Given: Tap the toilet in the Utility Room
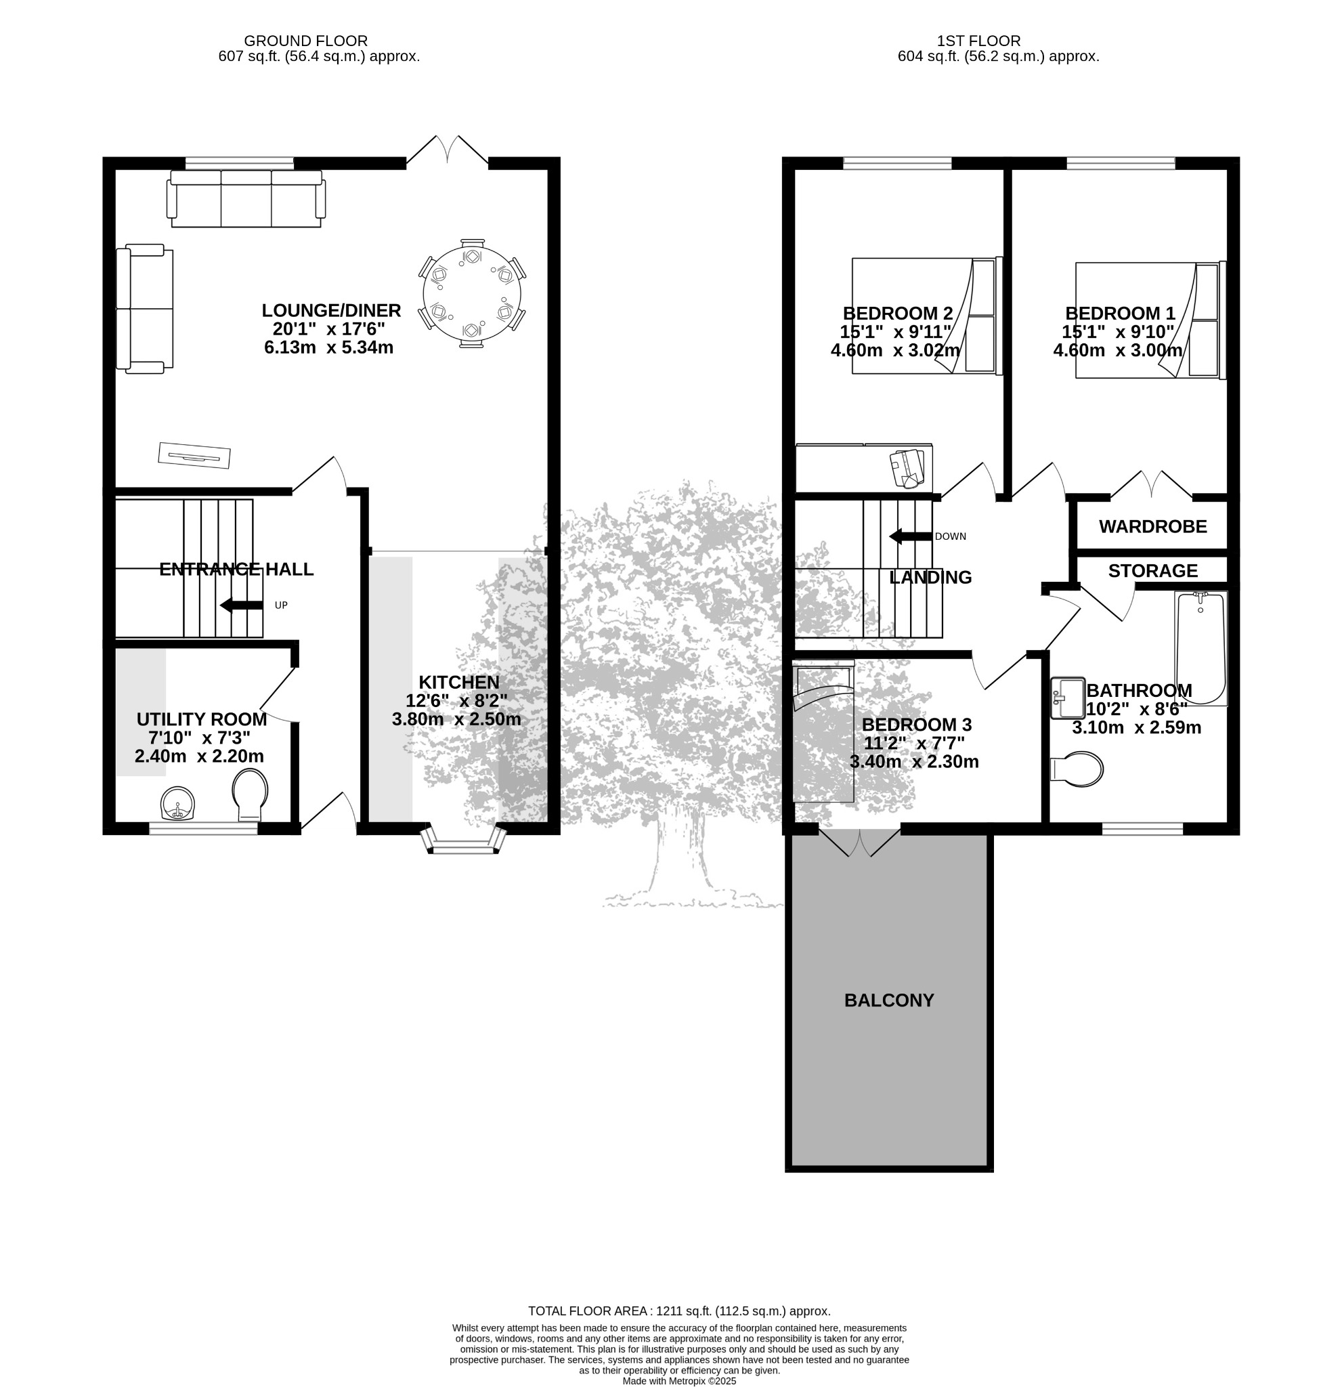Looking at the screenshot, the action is tap(250, 796).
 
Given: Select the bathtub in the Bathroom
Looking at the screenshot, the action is tap(1200, 649).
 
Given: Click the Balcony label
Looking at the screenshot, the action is tap(889, 1000).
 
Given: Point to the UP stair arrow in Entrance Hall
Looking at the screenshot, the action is tap(241, 605).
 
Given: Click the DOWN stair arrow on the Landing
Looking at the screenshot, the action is tap(911, 536).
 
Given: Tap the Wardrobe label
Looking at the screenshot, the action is tap(1153, 526).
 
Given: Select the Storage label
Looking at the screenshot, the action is tap(1153, 570).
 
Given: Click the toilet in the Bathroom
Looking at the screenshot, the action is tap(1077, 769).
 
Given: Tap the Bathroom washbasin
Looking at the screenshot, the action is tap(1068, 698).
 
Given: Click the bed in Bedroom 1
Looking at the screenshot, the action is tap(1150, 320).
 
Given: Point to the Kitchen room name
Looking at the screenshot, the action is tap(459, 682).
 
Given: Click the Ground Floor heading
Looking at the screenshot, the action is tap(305, 41).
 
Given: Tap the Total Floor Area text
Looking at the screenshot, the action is tap(679, 1311).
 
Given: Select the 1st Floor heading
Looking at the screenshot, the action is tap(978, 41).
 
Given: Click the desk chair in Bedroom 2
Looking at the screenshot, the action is tap(907, 468).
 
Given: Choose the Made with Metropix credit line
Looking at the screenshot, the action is tap(679, 1381).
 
